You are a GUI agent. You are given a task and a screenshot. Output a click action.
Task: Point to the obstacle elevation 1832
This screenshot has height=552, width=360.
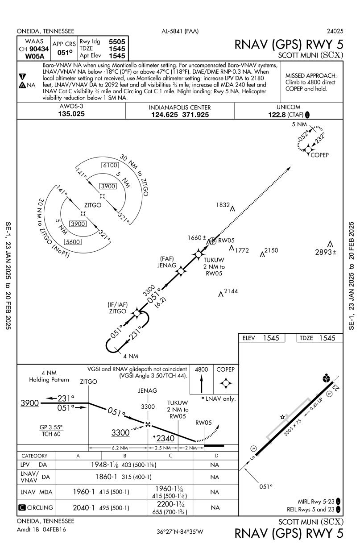222,205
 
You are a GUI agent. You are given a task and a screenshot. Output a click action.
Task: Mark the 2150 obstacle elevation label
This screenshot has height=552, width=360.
271,250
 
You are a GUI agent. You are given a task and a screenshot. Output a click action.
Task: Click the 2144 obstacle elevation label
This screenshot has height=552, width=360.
231,291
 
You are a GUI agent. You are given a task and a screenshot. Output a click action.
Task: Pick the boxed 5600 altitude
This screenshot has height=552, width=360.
73,242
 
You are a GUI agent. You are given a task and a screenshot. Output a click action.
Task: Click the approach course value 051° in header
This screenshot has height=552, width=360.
62,52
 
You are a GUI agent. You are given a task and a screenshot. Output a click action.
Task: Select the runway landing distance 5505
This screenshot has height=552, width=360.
117,40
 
